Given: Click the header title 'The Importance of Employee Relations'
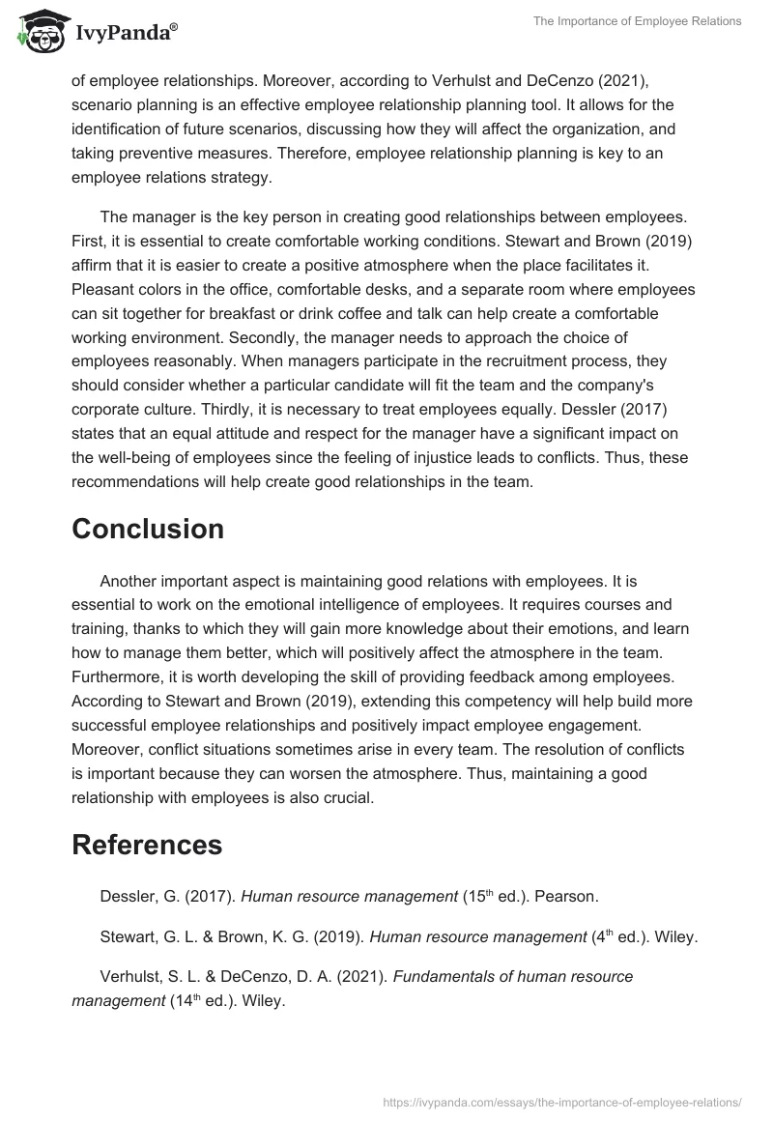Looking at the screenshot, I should [x=637, y=21].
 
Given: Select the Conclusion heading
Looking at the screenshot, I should [x=148, y=529].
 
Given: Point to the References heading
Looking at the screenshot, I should [x=147, y=844].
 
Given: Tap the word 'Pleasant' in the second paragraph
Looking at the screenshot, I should [x=102, y=290].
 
